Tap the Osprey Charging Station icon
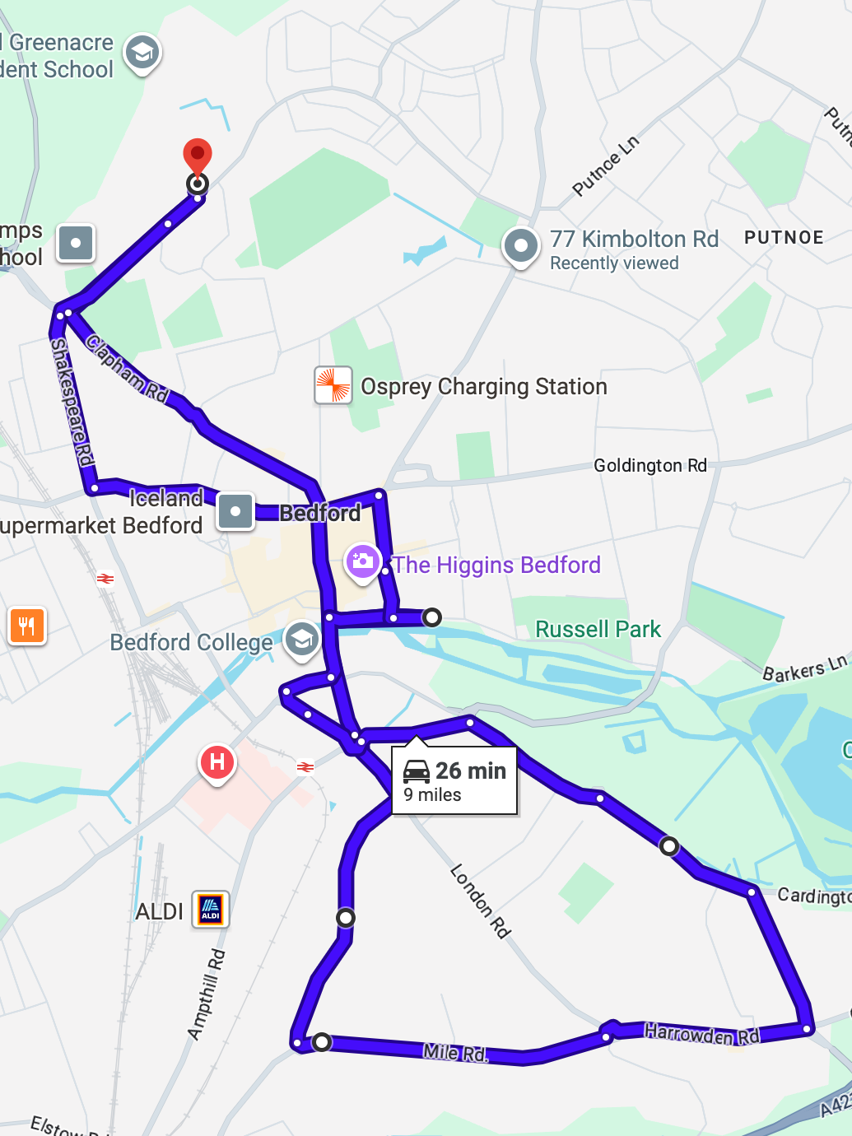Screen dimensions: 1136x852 [x=333, y=385]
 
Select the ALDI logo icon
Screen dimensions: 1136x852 [x=211, y=909]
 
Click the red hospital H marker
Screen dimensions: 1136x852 [x=217, y=762]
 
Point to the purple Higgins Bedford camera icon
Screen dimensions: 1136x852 [x=362, y=562]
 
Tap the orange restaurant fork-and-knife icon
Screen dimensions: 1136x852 [x=27, y=626]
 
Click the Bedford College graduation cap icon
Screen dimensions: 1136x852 [x=302, y=639]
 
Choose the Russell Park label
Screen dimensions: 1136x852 [x=598, y=629]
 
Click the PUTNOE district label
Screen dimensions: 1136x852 [x=784, y=238]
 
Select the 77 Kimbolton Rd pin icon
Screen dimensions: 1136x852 [x=521, y=245]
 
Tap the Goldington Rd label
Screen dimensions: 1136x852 [x=650, y=466]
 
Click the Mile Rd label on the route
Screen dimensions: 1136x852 [x=455, y=1052]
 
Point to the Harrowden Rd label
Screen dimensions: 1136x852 [x=701, y=1034]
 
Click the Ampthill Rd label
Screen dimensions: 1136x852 [x=206, y=994]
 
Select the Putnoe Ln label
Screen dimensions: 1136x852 [x=605, y=166]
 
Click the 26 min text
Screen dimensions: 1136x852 [x=471, y=771]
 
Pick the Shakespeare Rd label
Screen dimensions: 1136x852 [x=72, y=402]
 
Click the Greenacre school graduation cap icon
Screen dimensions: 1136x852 [x=142, y=53]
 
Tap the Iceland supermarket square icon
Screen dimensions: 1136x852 [x=235, y=511]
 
